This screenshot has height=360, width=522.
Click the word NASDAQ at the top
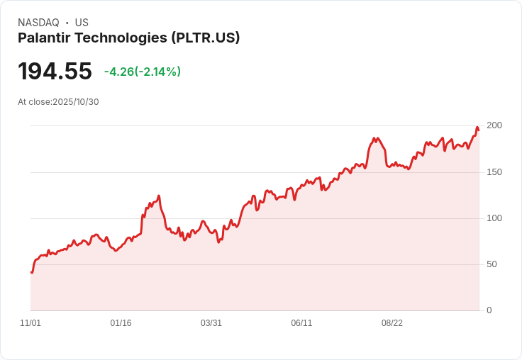[38, 23]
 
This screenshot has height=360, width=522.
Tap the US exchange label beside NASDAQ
[82, 23]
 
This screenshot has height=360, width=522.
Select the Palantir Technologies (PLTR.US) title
[129, 38]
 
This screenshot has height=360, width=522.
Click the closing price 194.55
[55, 72]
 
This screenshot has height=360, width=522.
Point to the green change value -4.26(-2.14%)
[142, 72]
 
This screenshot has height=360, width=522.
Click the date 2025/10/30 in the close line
[76, 102]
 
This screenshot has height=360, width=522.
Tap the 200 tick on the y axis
[494, 125]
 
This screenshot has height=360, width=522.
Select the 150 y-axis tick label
[494, 172]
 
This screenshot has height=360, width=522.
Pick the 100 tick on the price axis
[494, 218]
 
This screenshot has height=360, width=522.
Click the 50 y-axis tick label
[492, 264]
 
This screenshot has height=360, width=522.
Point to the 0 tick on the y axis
[489, 310]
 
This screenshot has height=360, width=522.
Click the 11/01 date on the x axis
[30, 323]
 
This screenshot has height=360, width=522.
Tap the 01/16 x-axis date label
[121, 323]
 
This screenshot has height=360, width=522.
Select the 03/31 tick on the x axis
[211, 323]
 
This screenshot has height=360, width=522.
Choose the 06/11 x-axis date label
[301, 323]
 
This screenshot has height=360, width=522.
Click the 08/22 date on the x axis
[392, 323]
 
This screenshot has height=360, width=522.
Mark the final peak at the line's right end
[477, 128]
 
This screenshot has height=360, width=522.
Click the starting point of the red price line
[31, 272]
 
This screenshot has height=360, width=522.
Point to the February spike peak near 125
[159, 196]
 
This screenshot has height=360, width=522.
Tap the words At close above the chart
[34, 102]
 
